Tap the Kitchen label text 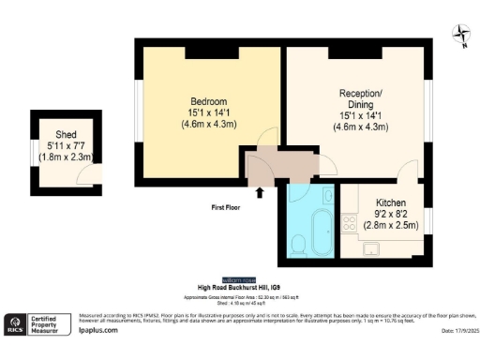pos(391,203)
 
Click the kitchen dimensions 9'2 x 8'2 pos(392,215)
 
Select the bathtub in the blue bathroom pos(321,232)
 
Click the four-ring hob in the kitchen pos(349,223)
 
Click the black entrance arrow pos(260,192)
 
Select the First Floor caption pos(226,207)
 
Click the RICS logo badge pos(15,323)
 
